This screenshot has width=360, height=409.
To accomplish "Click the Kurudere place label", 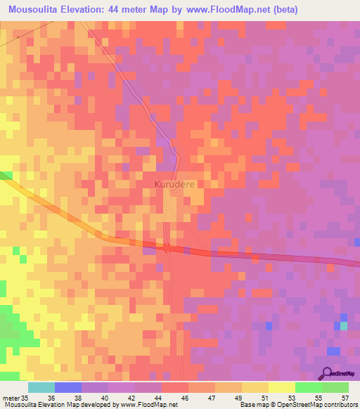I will [x=174, y=183].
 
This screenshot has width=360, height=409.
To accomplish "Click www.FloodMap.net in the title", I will [x=218, y=10].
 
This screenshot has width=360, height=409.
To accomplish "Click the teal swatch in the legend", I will [x=41, y=387].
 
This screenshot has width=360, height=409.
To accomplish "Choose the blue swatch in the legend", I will [x=68, y=387].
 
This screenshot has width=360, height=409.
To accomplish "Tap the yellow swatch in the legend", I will [x=281, y=387].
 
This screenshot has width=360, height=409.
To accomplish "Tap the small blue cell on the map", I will [x=269, y=325].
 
